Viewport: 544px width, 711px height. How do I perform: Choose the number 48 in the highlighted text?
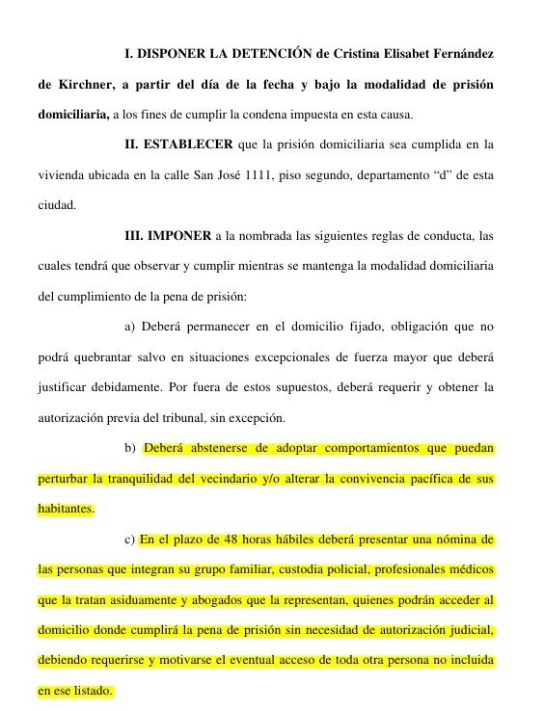coord(230,539)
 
